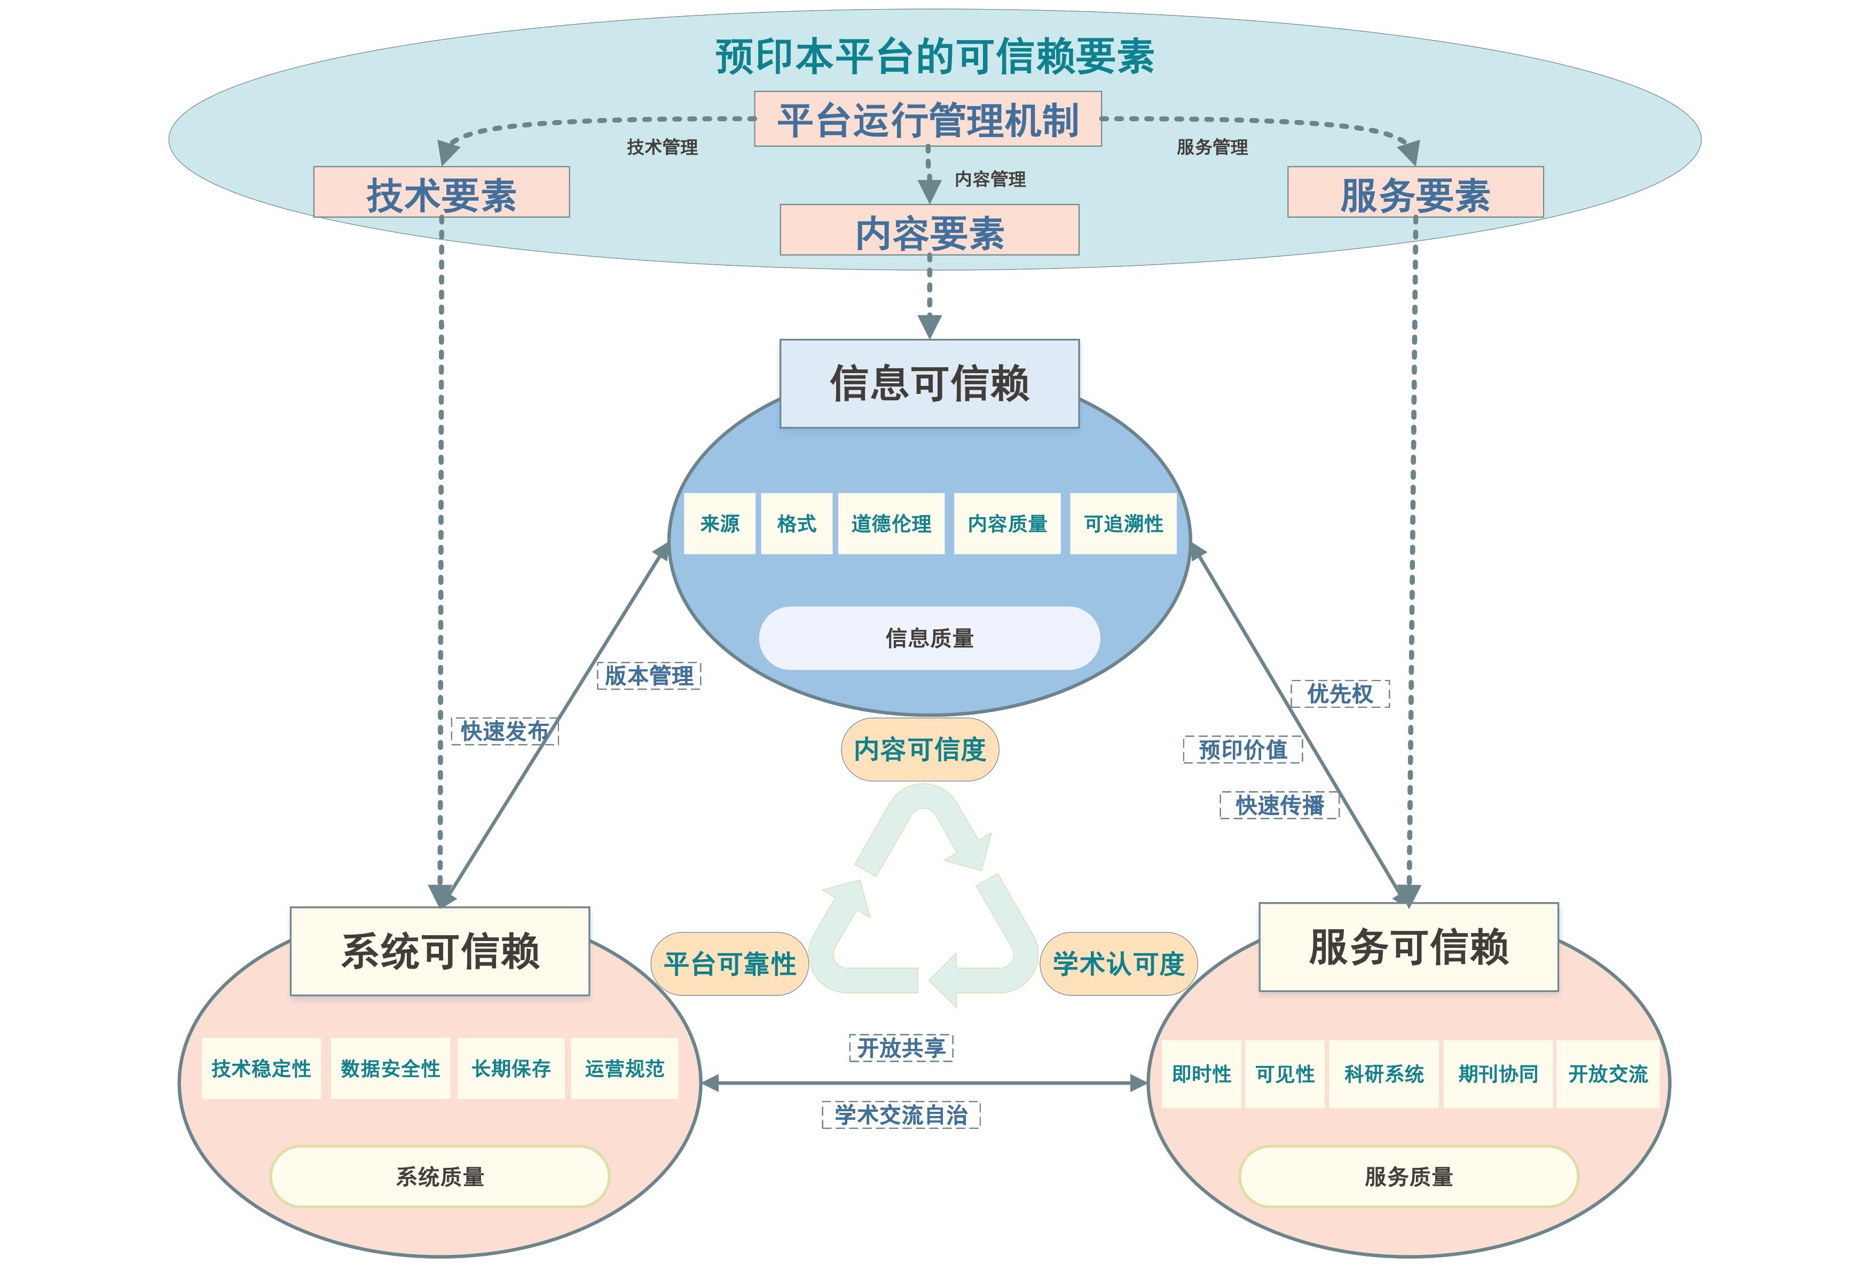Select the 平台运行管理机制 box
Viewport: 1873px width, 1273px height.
(x=927, y=119)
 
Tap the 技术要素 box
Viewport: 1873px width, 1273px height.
(x=441, y=193)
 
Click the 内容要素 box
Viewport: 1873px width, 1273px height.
(x=929, y=231)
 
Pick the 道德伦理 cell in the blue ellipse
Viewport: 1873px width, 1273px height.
(x=891, y=524)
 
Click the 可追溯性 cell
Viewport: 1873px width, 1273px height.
(x=1123, y=524)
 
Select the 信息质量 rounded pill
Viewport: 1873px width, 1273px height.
(x=929, y=638)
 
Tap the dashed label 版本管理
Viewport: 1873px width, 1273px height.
(x=649, y=675)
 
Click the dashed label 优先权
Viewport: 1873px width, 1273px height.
(x=1340, y=694)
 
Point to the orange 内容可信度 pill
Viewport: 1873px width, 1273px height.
(x=919, y=749)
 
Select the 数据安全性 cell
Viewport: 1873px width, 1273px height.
(x=390, y=1069)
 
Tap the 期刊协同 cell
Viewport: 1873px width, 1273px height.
(x=1498, y=1074)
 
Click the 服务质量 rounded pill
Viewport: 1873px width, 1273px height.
(x=1408, y=1176)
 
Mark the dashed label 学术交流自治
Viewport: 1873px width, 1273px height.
(x=901, y=1115)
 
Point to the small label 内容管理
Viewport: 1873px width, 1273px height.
(x=990, y=179)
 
